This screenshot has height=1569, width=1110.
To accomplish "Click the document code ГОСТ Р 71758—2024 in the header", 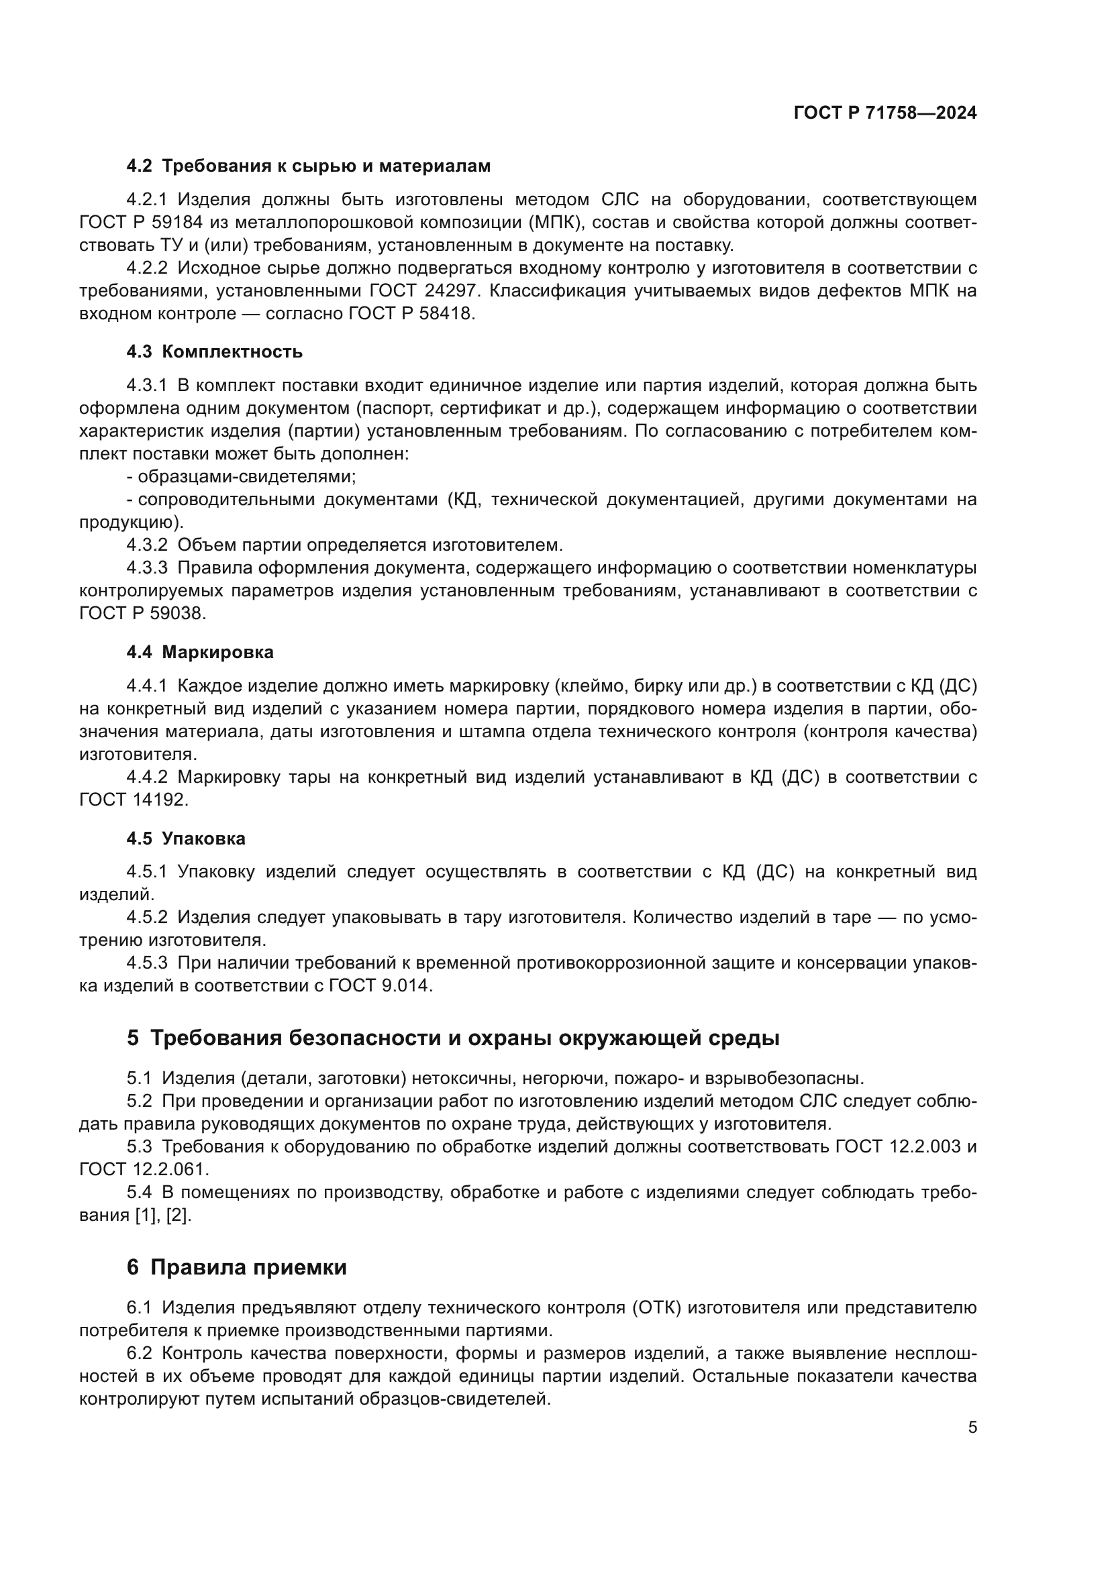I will point(885,113).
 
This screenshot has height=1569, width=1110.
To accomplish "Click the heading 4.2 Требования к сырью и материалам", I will point(308,166).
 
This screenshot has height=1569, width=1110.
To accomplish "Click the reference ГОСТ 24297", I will point(422,290).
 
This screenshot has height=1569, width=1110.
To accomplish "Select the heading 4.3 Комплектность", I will point(214,352).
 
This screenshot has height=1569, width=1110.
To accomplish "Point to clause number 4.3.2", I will point(146,545).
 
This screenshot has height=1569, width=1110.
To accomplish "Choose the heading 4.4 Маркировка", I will point(199,652).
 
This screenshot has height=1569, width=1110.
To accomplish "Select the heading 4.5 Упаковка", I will point(185,838).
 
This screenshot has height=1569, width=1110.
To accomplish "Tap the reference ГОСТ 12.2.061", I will point(144,1169).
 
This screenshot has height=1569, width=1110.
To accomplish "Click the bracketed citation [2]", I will point(179,1215).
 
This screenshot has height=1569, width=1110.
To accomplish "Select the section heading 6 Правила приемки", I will point(236,1267).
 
